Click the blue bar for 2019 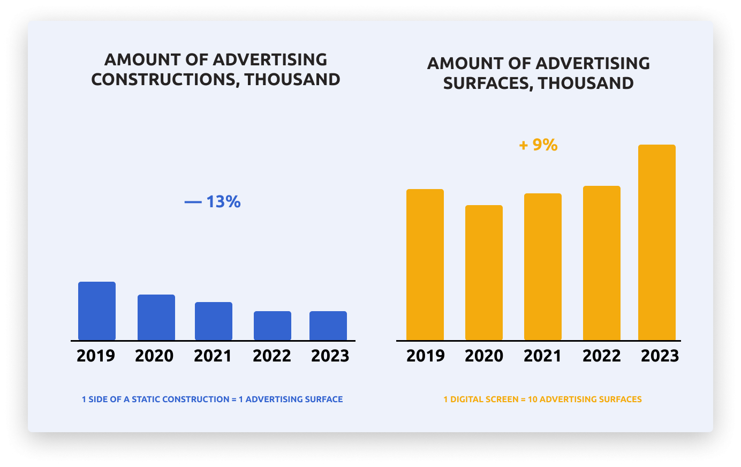pyautogui.click(x=97, y=311)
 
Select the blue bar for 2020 pyautogui.click(x=156, y=318)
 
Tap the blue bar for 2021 pyautogui.click(x=214, y=321)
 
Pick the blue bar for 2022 pyautogui.click(x=273, y=326)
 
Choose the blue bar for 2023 pyautogui.click(x=328, y=326)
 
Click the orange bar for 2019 pyautogui.click(x=425, y=265)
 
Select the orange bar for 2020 pyautogui.click(x=484, y=273)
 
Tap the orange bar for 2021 pyautogui.click(x=543, y=267)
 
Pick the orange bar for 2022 pyautogui.click(x=602, y=263)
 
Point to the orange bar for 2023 pyautogui.click(x=657, y=243)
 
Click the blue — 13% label pyautogui.click(x=213, y=202)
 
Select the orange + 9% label pyautogui.click(x=538, y=145)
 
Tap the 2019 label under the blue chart pyautogui.click(x=96, y=356)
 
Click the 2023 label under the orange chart pyautogui.click(x=660, y=356)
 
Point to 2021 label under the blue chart pyautogui.click(x=213, y=356)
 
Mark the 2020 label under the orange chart pyautogui.click(x=484, y=356)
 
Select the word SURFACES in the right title pyautogui.click(x=488, y=84)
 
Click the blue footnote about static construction pyautogui.click(x=212, y=400)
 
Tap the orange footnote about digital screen pyautogui.click(x=542, y=400)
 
